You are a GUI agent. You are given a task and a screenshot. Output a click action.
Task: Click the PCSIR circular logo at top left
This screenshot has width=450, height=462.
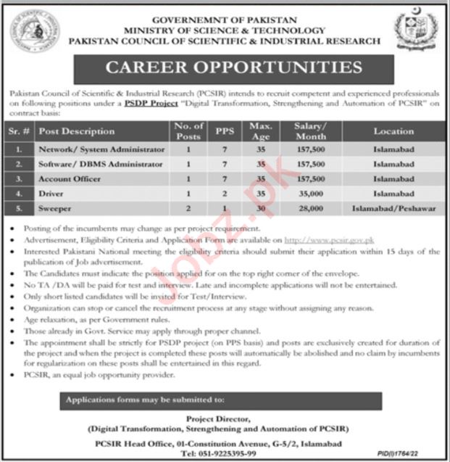coord(36,32)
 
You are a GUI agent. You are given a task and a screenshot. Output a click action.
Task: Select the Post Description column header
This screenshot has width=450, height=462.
coord(78,132)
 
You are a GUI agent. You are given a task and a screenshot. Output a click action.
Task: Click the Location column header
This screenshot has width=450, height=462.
coord(393,132)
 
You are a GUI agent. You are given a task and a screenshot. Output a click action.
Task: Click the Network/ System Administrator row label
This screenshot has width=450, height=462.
coord(101,149)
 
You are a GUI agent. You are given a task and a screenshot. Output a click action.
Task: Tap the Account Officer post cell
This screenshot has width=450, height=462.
coord(70,179)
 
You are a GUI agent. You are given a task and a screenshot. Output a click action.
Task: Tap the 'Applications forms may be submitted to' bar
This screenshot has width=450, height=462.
coord(145,400)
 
